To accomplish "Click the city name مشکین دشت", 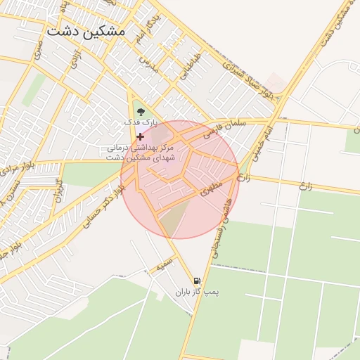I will (x=85, y=32).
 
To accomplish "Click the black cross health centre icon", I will (x=140, y=136).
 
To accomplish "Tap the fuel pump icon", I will (x=205, y=281).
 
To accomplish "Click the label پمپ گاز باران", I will (x=193, y=291).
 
